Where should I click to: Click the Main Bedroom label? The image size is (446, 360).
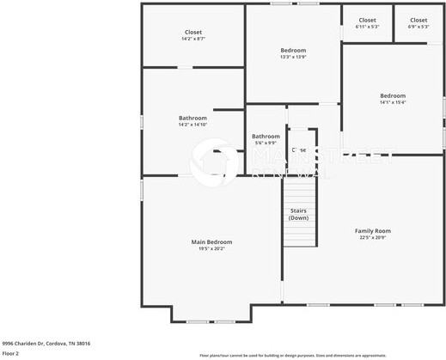tap(211, 242)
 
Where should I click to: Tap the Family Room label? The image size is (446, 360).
tap(373, 230)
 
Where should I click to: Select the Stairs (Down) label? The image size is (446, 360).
tap(298, 214)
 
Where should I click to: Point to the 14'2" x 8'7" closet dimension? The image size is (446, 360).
tap(193, 40)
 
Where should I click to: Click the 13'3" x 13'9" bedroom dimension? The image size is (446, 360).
tap(293, 58)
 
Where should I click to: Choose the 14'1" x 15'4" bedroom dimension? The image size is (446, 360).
tap(393, 102)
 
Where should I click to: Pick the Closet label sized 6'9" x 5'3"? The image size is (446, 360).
tap(419, 20)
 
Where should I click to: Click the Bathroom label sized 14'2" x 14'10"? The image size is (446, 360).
tap(192, 118)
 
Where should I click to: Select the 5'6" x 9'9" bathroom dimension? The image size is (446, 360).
tap(266, 143)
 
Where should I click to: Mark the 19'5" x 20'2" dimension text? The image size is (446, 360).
tap(211, 249)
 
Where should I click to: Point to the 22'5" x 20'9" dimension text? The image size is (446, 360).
tap(373, 237)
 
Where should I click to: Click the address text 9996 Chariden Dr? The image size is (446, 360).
tap(46, 343)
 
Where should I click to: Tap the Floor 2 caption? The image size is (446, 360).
tap(11, 353)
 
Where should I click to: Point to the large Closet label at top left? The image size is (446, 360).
tap(193, 32)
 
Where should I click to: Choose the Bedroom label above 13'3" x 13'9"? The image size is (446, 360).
tap(293, 50)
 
